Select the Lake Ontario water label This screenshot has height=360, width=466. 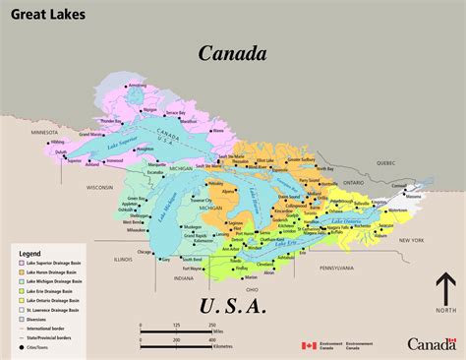347,222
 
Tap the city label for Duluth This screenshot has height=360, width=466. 59,152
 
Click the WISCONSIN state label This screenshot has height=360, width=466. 100,186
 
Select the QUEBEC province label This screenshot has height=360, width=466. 384,163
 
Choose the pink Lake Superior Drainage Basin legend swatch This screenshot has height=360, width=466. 21,264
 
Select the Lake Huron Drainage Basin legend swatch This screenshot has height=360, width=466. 21,273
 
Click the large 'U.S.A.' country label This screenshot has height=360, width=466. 232,306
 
